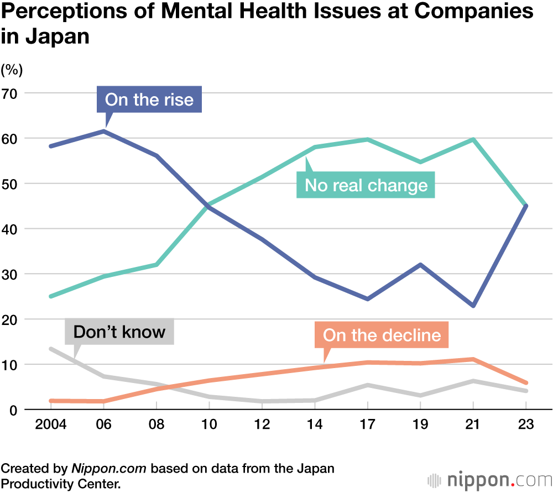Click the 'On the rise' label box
(149, 99)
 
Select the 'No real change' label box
(366, 185)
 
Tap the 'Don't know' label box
(119, 332)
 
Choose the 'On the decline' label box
(382, 335)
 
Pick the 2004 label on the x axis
(51, 426)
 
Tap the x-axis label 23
(525, 426)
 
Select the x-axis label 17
(367, 426)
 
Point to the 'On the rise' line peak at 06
(104, 131)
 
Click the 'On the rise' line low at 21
(473, 306)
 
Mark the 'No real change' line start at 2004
(51, 296)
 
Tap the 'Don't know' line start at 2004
(51, 349)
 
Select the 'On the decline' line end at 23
(525, 382)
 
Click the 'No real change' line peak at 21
(473, 139)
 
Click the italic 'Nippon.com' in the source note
(109, 469)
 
